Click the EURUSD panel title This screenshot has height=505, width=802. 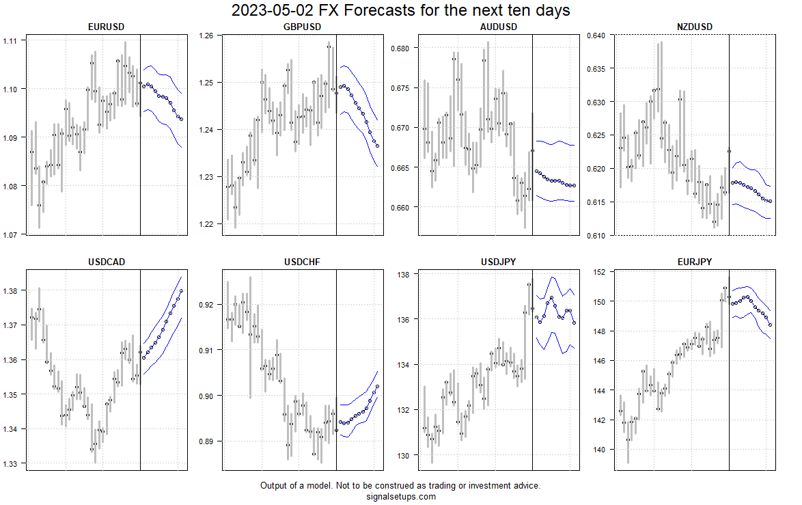(x=106, y=27)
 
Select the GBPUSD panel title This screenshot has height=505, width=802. (x=302, y=27)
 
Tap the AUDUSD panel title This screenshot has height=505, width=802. (x=499, y=27)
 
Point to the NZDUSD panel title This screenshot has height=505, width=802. (x=695, y=27)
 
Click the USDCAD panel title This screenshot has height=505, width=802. (x=106, y=262)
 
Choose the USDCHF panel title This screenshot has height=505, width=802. (x=302, y=262)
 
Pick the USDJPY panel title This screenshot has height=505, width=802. (x=499, y=262)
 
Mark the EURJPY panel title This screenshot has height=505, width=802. (x=695, y=262)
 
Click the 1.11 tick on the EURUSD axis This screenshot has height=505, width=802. (x=11, y=41)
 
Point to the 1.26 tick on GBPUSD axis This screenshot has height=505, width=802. (x=207, y=36)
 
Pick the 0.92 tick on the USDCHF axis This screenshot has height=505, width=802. (x=207, y=305)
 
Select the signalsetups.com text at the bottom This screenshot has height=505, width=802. (x=400, y=497)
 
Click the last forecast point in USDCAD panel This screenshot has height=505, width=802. (x=181, y=290)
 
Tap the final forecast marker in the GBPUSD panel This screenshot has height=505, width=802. (x=377, y=146)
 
